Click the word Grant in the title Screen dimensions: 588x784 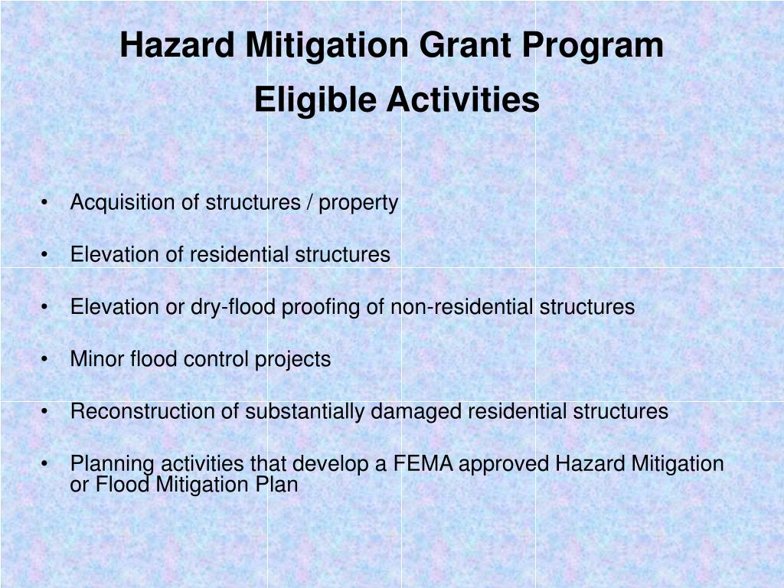click(x=466, y=45)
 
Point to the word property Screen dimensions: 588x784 click(x=358, y=204)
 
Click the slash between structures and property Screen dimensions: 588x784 click(x=309, y=203)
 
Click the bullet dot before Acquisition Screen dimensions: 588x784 click(x=47, y=204)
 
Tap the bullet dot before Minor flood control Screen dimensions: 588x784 click(x=47, y=360)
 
